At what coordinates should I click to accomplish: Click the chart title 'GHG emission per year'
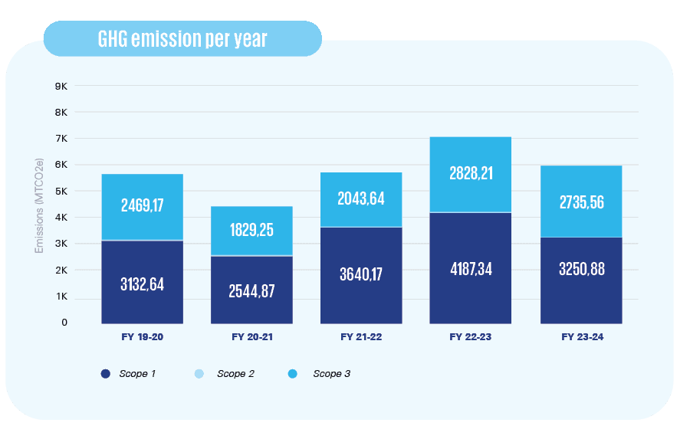click(182, 39)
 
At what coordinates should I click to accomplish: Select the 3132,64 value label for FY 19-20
click(142, 284)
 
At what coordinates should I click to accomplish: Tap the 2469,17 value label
click(142, 205)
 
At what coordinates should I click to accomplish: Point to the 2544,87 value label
click(251, 290)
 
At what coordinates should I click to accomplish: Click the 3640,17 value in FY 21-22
click(361, 274)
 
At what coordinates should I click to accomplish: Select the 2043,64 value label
click(361, 199)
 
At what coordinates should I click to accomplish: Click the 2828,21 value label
click(470, 173)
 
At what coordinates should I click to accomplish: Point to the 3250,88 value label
click(581, 270)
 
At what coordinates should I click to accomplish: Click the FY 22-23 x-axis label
click(470, 336)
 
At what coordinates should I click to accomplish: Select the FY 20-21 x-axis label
click(251, 336)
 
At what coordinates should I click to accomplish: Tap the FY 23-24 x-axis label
click(581, 336)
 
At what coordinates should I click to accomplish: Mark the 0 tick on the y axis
click(64, 323)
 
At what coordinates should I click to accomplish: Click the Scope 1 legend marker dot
click(105, 374)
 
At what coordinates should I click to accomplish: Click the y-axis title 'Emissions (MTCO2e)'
click(39, 205)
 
